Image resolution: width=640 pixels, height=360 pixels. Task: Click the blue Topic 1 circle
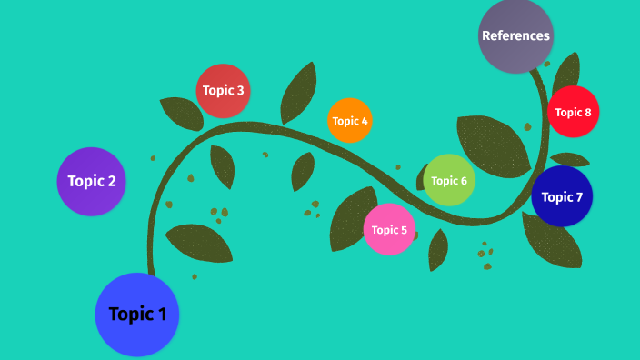point(137,315)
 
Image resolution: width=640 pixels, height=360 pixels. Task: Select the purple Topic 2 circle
point(91,181)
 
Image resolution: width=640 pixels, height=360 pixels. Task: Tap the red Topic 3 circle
point(223,91)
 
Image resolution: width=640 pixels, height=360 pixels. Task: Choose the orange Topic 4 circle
point(350,121)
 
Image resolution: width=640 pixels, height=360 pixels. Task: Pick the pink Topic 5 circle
point(389,229)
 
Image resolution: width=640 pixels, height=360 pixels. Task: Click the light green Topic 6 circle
point(449,180)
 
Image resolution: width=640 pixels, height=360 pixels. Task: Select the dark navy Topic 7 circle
point(562,196)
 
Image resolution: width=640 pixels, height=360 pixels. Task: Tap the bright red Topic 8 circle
point(573,112)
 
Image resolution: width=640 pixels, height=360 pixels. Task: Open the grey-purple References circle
point(515,36)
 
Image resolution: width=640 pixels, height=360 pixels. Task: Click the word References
point(515,36)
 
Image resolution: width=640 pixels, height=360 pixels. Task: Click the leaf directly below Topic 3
point(223,165)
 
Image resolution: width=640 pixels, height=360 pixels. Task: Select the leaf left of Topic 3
point(182,113)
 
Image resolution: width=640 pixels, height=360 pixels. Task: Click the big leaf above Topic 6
point(491,141)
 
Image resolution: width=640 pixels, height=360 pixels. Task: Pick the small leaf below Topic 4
point(302,170)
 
